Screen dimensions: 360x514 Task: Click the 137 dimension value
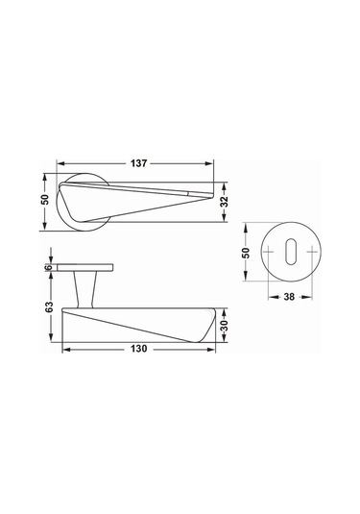point(139,163)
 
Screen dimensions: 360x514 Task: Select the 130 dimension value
point(139,349)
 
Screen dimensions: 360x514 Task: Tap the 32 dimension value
point(225,202)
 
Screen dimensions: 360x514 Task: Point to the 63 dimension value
point(49,306)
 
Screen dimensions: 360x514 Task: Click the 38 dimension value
point(289,297)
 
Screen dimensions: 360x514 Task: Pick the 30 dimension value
point(225,326)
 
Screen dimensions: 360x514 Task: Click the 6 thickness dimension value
point(49,267)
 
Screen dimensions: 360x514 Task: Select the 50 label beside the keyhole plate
point(246,253)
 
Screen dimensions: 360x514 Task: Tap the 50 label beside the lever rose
point(45,200)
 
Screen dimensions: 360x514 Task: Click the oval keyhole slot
point(290,252)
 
